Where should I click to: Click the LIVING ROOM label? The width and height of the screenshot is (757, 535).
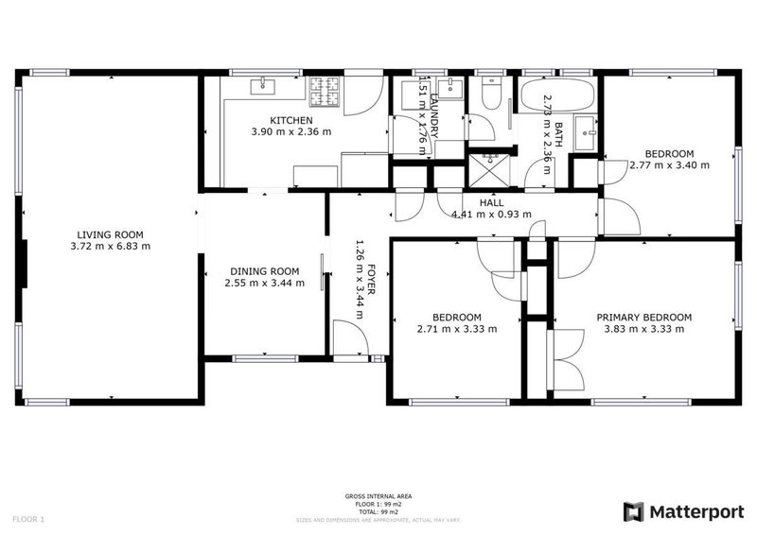coord(110,234)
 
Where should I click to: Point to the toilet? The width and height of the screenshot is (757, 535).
coord(491,92)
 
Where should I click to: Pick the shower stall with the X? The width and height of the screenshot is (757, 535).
coord(490,162)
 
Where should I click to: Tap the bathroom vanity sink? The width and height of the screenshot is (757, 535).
coord(587,130)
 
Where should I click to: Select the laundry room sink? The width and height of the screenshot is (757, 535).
coord(450,89)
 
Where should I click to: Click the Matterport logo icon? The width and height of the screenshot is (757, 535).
coord(633,511)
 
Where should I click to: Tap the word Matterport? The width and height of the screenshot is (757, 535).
coord(695,511)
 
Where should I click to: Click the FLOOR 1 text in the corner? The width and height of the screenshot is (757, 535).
coord(28,519)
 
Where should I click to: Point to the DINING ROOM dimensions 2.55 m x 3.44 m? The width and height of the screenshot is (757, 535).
coord(265,283)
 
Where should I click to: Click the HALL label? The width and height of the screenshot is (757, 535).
coord(491,202)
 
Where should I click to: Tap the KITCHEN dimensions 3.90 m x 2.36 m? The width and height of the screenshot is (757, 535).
coord(291,132)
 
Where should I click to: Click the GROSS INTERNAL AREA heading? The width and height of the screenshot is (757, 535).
coord(378,496)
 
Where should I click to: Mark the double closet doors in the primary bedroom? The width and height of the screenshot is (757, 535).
coord(568,359)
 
